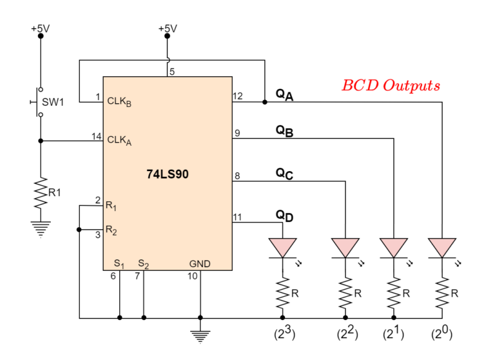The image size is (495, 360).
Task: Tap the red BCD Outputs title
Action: coord(391,85)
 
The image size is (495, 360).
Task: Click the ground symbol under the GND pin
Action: coord(200,335)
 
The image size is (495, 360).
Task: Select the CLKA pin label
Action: coord(119,140)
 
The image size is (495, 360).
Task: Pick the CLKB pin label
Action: coord(119,101)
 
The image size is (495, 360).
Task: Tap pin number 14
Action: coord(97,135)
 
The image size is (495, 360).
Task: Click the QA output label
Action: coord(284,94)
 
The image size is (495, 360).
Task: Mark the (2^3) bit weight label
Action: coord(282,334)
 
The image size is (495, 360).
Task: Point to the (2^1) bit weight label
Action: coord(394,334)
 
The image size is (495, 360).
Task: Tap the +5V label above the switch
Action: coord(40,28)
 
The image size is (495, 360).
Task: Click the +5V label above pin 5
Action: coord(167,28)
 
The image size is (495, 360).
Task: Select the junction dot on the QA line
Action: coord(265,101)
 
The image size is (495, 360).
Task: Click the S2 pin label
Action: coord(143,263)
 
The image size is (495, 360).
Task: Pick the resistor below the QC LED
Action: coord(346,294)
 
